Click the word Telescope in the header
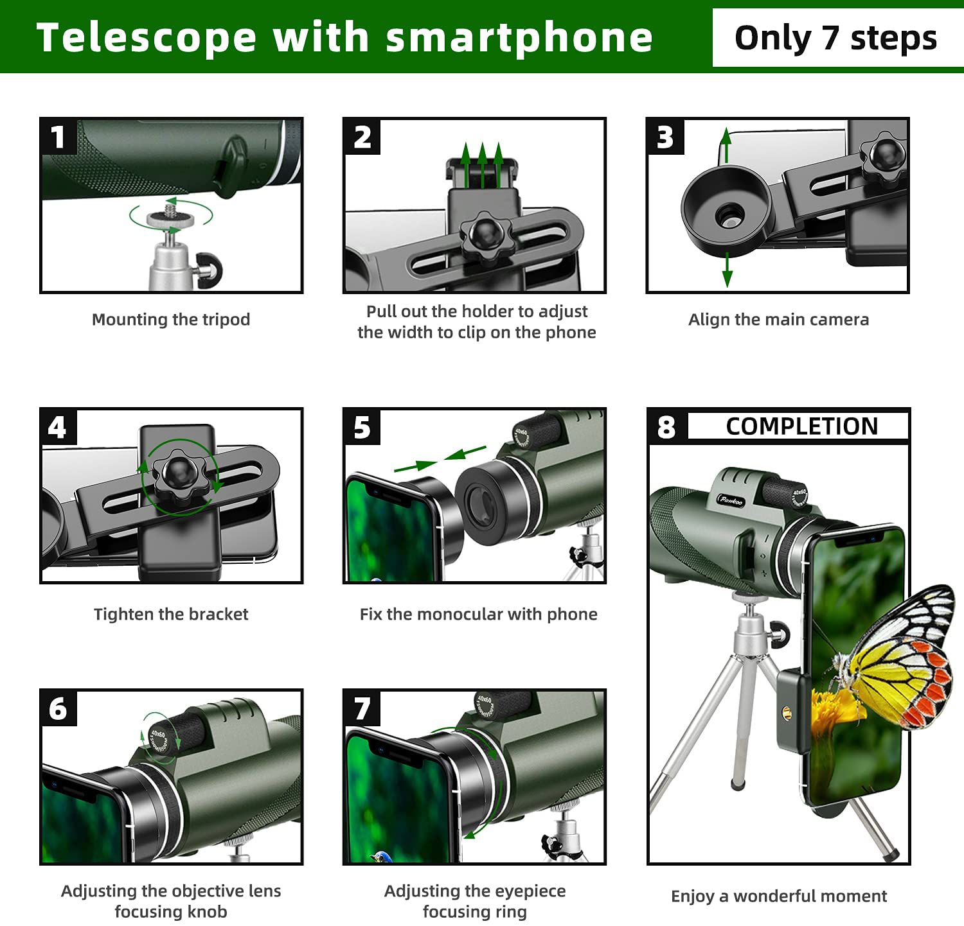(x=147, y=37)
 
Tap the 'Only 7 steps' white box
(x=835, y=38)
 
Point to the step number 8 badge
(x=666, y=427)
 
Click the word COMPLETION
(x=801, y=426)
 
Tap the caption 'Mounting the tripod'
(x=171, y=319)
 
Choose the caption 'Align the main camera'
(x=778, y=319)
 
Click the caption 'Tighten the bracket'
(x=171, y=615)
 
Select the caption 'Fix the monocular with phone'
(x=478, y=615)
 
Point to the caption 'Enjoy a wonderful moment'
(x=779, y=896)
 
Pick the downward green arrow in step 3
(x=727, y=270)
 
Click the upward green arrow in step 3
(x=726, y=144)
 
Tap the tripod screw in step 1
(x=170, y=207)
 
